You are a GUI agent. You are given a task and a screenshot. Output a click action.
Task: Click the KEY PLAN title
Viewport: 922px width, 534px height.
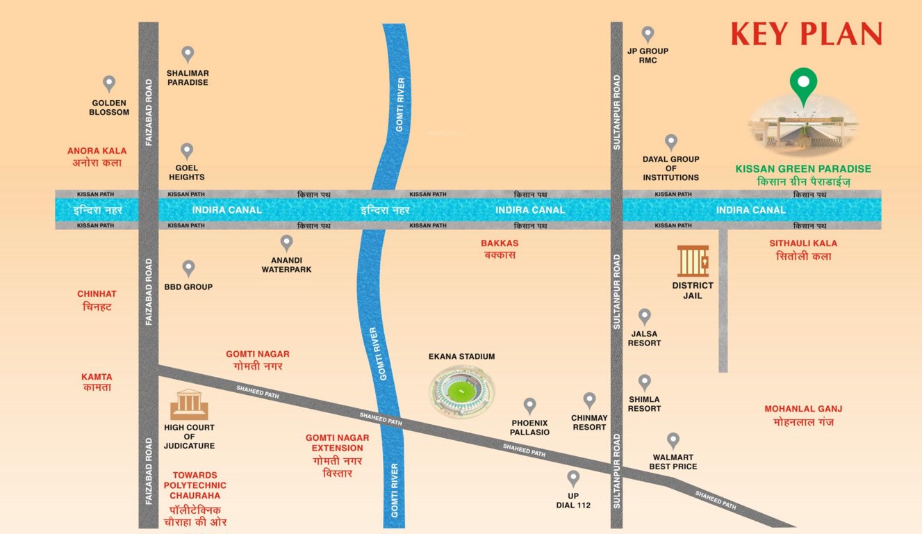pyautogui.click(x=806, y=33)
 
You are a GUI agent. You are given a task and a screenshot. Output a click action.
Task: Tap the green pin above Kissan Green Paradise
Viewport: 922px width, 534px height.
pyautogui.click(x=803, y=84)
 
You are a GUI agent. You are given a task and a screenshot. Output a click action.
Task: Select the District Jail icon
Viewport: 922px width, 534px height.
pyautogui.click(x=693, y=261)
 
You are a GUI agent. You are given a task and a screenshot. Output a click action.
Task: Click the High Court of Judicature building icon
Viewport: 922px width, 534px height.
pyautogui.click(x=189, y=404)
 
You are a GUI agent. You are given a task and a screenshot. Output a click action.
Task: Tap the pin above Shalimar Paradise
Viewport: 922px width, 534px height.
pyautogui.click(x=188, y=54)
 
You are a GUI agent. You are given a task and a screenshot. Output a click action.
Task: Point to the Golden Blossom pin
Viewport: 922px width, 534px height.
pyautogui.click(x=109, y=83)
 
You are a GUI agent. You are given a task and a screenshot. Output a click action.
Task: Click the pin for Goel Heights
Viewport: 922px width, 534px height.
pyautogui.click(x=187, y=150)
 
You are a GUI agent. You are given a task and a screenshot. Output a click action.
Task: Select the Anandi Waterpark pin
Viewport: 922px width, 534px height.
pyautogui.click(x=286, y=243)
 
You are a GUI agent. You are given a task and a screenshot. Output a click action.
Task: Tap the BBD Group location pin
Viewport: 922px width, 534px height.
pyautogui.click(x=188, y=268)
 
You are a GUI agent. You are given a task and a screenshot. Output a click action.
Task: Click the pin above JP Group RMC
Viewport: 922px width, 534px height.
pyautogui.click(x=648, y=33)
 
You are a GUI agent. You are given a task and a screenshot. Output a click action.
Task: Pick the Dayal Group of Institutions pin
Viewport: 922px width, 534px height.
pyautogui.click(x=670, y=142)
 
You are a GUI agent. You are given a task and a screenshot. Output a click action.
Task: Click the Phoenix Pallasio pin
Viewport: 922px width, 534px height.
pyautogui.click(x=529, y=405)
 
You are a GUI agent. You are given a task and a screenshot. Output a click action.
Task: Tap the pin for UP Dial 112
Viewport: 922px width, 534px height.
pyautogui.click(x=573, y=478)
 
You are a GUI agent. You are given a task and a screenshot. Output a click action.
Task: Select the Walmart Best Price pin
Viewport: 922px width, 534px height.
pyautogui.click(x=673, y=440)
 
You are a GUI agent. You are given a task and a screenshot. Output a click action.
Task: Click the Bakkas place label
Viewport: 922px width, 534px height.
pyautogui.click(x=500, y=249)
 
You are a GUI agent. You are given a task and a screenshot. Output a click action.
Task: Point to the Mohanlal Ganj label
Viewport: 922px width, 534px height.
pyautogui.click(x=803, y=416)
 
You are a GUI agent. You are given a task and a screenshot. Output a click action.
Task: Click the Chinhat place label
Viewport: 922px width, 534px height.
pyautogui.click(x=97, y=300)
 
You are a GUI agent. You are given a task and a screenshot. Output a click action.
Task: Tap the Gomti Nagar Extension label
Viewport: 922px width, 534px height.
pyautogui.click(x=337, y=455)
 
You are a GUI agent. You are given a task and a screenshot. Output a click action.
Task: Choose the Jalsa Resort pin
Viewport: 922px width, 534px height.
pyautogui.click(x=645, y=316)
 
